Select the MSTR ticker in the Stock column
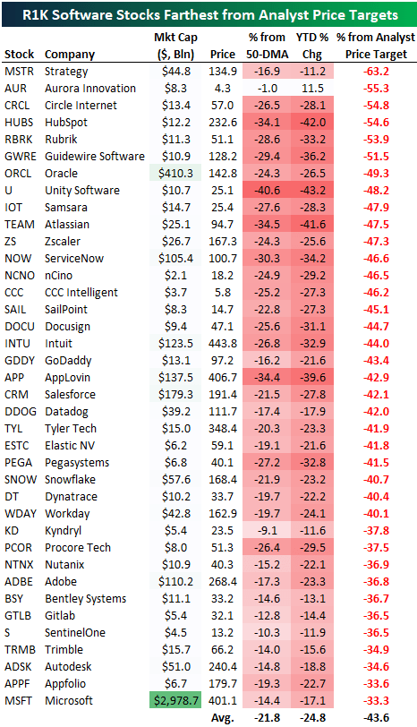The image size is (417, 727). pos(19,72)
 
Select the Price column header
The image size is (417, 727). pos(224,55)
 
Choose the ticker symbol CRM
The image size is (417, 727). pos(17,395)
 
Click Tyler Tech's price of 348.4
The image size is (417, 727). pos(223,429)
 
